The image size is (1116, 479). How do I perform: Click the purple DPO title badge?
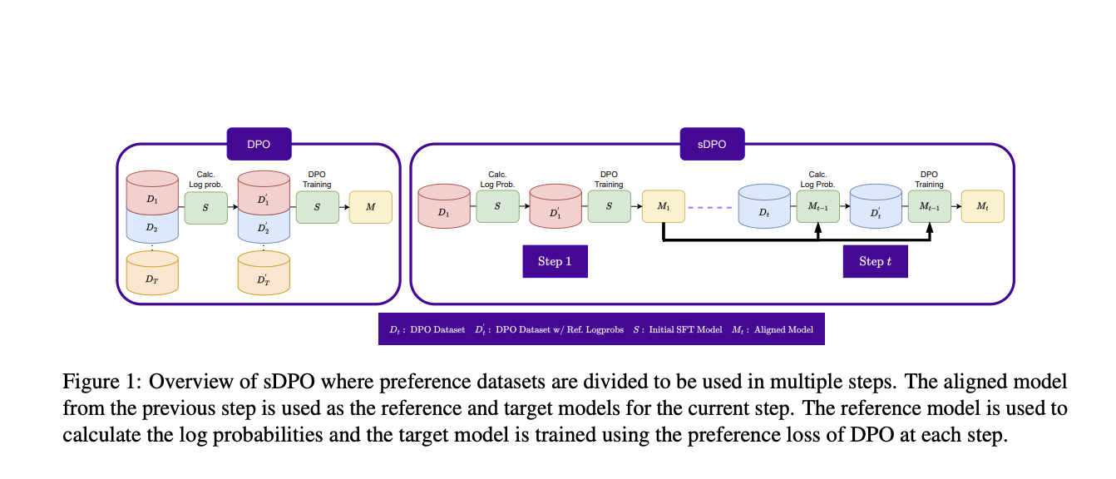(x=259, y=144)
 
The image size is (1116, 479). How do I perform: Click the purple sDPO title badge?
(x=712, y=144)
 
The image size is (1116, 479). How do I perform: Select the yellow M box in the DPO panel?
(x=370, y=206)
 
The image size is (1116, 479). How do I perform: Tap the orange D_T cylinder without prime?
(x=152, y=274)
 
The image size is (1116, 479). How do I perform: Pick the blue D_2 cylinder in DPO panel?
(x=152, y=225)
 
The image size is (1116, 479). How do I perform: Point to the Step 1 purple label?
(x=555, y=261)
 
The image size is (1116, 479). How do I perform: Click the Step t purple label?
(x=875, y=261)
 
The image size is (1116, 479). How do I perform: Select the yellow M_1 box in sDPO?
(x=664, y=206)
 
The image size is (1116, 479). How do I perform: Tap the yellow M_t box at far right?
(x=982, y=206)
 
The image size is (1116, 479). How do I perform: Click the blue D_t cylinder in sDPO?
(x=763, y=209)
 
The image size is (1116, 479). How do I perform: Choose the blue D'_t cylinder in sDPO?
(x=876, y=209)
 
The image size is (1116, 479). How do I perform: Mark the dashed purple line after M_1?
(x=712, y=206)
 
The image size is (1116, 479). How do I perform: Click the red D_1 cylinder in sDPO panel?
(x=443, y=209)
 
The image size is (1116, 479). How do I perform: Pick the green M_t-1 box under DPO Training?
(x=929, y=206)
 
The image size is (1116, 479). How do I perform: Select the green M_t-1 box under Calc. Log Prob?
(x=817, y=206)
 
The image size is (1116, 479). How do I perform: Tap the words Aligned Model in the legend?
(x=783, y=330)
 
